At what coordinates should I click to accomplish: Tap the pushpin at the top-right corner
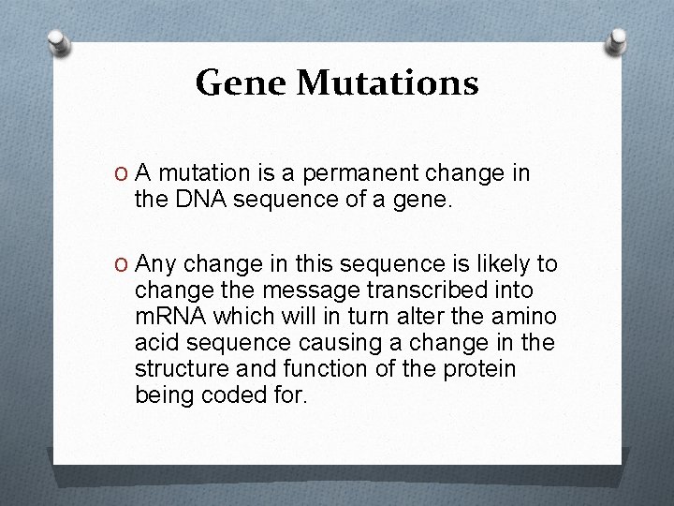[617, 40]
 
